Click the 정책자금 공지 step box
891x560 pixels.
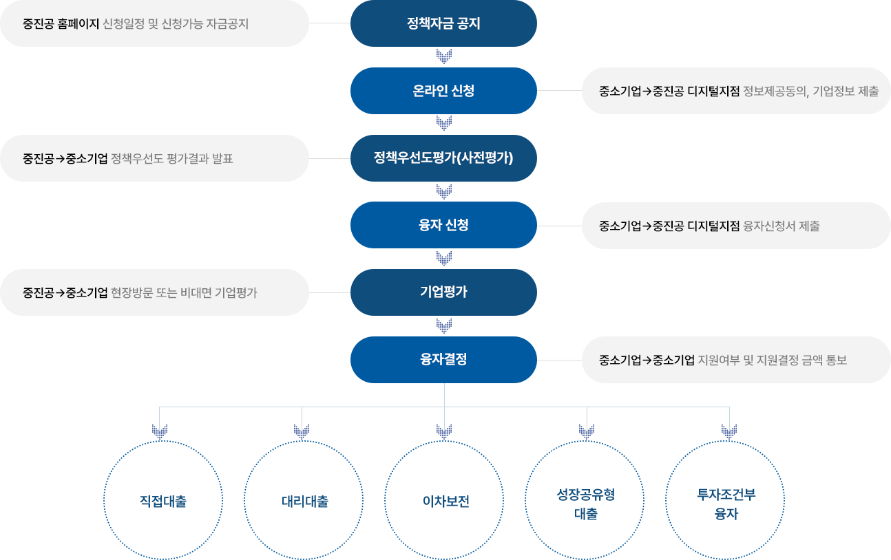tap(443, 24)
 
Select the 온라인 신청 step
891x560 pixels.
tap(443, 91)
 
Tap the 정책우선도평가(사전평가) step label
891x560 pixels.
tap(443, 158)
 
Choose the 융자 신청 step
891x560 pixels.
tap(443, 225)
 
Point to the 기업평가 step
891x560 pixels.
tap(443, 292)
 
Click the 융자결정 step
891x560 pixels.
tap(443, 358)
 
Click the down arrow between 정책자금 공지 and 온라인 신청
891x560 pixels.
tap(444, 56)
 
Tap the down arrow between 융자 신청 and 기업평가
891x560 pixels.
tap(444, 258)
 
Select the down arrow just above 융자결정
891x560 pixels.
tap(444, 325)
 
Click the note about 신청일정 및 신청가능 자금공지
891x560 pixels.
tap(155, 24)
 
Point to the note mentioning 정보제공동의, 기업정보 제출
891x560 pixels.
tap(735, 91)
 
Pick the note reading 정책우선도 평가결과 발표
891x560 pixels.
tap(155, 158)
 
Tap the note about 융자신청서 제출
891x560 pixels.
tap(735, 226)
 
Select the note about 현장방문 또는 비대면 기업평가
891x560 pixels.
tap(155, 292)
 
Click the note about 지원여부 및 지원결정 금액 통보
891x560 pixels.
tap(735, 360)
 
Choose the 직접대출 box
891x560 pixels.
tap(163, 500)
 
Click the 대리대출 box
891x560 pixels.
tap(304, 500)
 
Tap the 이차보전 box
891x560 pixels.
tap(444, 500)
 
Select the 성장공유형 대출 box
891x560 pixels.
tap(585, 500)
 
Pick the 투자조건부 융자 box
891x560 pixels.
tap(725, 500)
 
